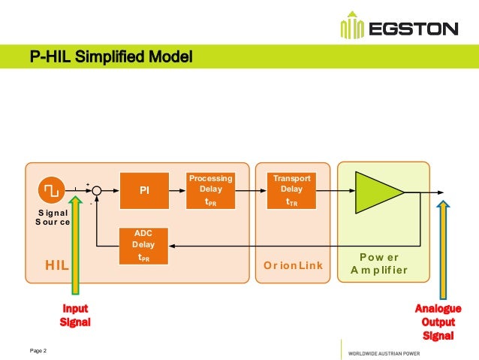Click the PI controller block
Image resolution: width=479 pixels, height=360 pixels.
145,191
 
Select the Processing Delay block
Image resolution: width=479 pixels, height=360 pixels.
210,190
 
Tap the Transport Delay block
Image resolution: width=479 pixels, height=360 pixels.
291,190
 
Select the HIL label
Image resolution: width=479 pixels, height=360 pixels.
57,265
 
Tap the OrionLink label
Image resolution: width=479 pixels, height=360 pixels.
293,265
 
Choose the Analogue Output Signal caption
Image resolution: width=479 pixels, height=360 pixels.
438,322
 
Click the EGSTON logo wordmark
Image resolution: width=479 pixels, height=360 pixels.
411,29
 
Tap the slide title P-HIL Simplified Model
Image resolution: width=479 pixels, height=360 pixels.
111,56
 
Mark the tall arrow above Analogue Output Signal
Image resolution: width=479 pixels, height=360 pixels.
444,248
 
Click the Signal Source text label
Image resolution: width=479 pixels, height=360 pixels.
53,218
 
